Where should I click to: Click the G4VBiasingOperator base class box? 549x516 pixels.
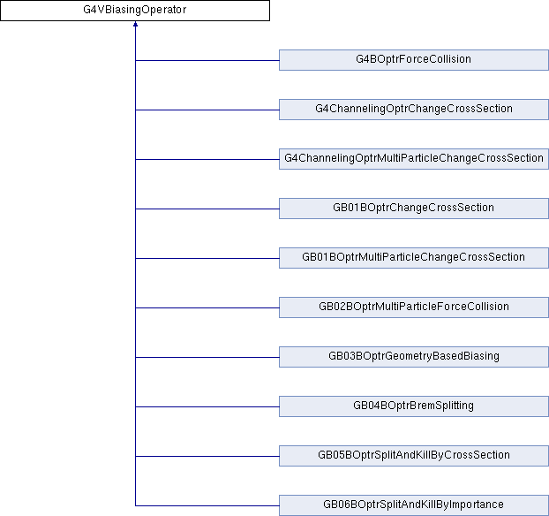tap(134, 11)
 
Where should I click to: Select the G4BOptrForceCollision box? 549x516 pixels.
tap(413, 60)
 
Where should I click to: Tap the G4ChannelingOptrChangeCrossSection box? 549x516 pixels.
tap(413, 110)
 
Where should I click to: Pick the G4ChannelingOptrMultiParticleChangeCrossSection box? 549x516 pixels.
tap(413, 159)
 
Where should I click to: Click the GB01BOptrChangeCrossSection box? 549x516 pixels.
tap(413, 209)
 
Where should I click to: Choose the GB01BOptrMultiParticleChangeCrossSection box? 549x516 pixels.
tap(413, 258)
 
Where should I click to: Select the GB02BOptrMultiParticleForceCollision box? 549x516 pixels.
tap(413, 307)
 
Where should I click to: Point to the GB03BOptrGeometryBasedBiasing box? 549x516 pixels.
tap(413, 357)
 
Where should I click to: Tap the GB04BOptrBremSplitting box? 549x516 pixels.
tap(413, 406)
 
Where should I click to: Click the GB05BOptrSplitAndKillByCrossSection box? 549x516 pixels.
tap(413, 456)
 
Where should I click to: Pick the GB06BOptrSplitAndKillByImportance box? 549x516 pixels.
tap(413, 505)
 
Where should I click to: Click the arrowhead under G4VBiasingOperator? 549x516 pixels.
tap(135, 26)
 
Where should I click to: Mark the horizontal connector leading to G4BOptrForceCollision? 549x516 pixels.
tap(207, 60)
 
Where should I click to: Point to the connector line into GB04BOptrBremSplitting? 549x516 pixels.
tap(207, 406)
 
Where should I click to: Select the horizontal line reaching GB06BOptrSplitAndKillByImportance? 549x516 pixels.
tap(207, 505)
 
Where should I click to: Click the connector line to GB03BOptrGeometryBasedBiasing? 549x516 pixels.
tap(207, 357)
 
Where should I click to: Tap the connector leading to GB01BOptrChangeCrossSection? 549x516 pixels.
tap(207, 209)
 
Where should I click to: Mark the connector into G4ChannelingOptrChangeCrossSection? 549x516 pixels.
tap(207, 110)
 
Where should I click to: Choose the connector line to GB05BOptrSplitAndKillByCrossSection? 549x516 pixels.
tap(207, 456)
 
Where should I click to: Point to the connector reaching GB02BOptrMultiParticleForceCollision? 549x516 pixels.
tap(207, 307)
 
